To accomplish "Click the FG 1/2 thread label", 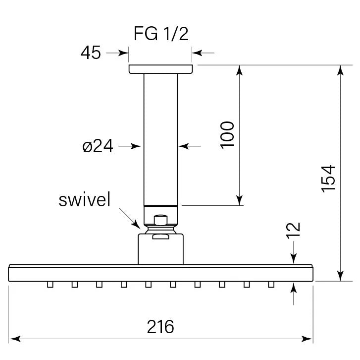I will (161, 34).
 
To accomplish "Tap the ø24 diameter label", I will (98, 146).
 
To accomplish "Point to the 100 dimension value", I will (227, 134).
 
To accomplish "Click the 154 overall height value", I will (328, 178).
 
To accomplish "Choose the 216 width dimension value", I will (160, 327).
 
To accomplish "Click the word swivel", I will (84, 200).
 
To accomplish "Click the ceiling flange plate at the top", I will (160, 69).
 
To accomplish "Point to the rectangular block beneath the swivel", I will (160, 249).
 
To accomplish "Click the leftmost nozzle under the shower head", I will (50, 284).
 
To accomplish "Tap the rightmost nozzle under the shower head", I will (271, 284).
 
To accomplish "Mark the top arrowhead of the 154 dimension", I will (340, 70).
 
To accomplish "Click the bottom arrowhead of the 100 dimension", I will (240, 200).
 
